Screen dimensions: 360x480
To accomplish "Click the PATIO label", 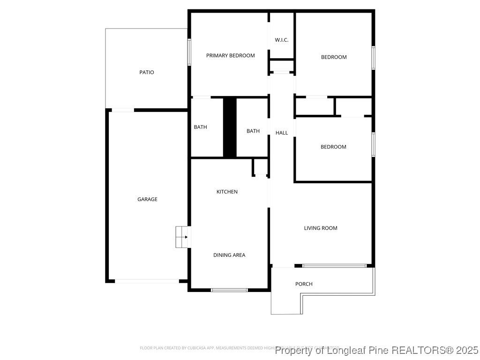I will pyautogui.click(x=147, y=72).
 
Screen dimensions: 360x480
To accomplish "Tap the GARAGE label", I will pyautogui.click(x=147, y=199).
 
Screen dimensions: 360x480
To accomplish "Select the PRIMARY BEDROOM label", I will pyautogui.click(x=231, y=55).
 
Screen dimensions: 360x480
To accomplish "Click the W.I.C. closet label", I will pyautogui.click(x=281, y=40).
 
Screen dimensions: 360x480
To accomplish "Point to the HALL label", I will pyautogui.click(x=282, y=133).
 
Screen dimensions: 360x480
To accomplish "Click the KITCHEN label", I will pyautogui.click(x=227, y=191).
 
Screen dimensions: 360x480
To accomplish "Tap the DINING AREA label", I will pyautogui.click(x=229, y=255).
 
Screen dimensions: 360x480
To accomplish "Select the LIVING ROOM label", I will pyautogui.click(x=321, y=228).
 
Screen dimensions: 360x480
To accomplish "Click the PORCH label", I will pyautogui.click(x=304, y=284).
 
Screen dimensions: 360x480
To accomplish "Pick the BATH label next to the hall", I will pyautogui.click(x=253, y=131).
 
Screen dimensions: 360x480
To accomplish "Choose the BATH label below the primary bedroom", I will pyautogui.click(x=201, y=127).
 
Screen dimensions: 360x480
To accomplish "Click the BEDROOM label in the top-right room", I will pyautogui.click(x=334, y=57).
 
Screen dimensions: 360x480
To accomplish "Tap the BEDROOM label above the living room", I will pyautogui.click(x=333, y=147).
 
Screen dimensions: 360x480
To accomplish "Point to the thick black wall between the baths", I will pyautogui.click(x=229, y=127).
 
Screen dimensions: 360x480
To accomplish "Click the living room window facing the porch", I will pyautogui.click(x=334, y=266).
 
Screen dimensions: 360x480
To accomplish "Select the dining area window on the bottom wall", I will pyautogui.click(x=229, y=290).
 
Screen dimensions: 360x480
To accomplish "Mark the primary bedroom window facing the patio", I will pyautogui.click(x=189, y=52).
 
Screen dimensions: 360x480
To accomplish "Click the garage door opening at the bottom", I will pyautogui.click(x=147, y=281).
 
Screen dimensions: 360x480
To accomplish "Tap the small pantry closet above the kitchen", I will pyautogui.click(x=260, y=167).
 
